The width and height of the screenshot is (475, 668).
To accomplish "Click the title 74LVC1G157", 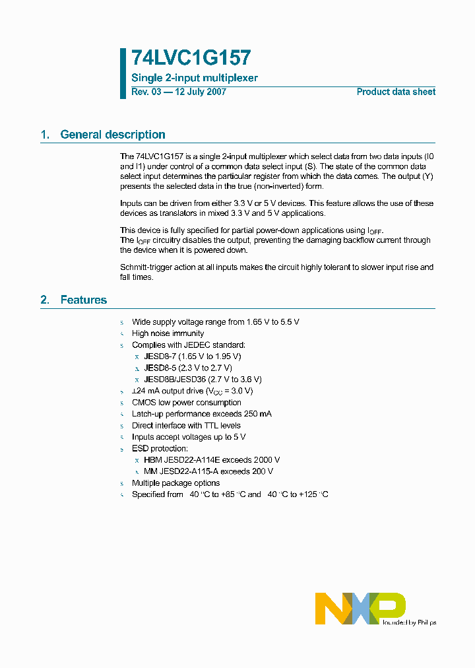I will click(191, 59).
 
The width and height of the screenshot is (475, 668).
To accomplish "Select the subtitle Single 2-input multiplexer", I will click(195, 78).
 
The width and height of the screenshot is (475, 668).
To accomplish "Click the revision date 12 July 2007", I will click(200, 92).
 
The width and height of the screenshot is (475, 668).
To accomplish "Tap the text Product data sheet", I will click(396, 92).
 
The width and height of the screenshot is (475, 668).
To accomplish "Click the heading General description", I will click(113, 135).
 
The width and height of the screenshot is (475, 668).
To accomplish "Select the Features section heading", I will click(83, 300).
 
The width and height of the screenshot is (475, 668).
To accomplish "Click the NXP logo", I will click(360, 608).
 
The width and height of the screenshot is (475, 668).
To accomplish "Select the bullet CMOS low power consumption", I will click(187, 403).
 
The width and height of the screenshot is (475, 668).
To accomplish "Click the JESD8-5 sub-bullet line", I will click(188, 368).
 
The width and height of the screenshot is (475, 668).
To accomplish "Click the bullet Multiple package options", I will click(175, 483).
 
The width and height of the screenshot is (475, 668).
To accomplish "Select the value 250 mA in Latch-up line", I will click(257, 414).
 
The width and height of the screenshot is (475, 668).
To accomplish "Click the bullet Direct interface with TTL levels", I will click(186, 426).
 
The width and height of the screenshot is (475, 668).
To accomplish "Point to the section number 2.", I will click(45, 300).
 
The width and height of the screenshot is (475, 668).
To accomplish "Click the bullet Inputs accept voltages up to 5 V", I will click(189, 437).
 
